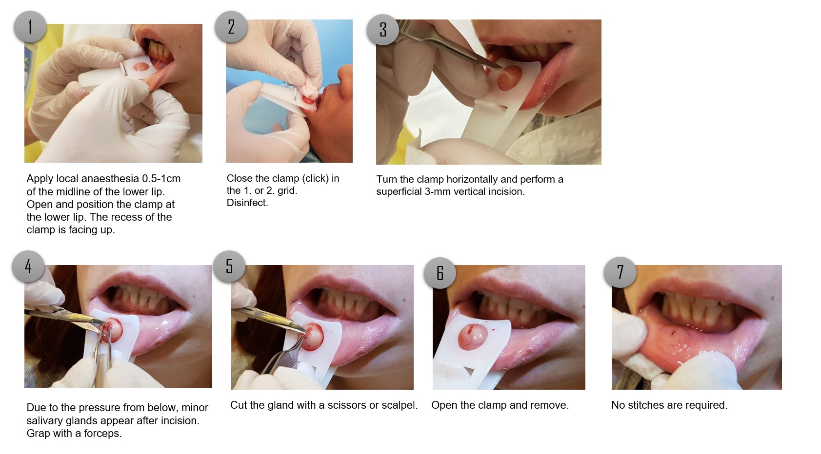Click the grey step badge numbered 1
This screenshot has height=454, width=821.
(30, 27)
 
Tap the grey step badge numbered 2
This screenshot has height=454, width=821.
(231, 27)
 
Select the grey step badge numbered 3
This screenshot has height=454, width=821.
(382, 30)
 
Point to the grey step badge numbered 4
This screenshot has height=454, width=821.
(28, 266)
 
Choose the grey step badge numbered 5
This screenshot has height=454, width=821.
(229, 266)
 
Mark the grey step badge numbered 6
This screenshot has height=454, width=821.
(440, 273)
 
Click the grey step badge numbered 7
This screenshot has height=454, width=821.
(620, 272)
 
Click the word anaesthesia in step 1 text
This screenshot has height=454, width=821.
(110, 179)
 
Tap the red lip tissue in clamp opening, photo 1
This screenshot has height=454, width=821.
(141, 67)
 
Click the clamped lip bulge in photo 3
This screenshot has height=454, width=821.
(509, 78)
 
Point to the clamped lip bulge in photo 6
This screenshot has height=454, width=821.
(473, 337)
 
